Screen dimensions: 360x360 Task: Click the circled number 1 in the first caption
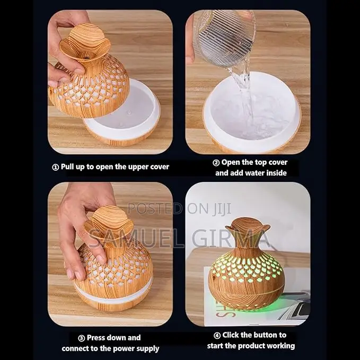tap(55, 167)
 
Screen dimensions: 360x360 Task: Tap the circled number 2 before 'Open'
tap(216, 163)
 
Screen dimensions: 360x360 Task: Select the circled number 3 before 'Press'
tap(82, 338)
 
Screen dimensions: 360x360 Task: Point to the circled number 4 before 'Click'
tap(217, 336)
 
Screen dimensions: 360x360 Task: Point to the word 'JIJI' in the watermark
tap(221, 208)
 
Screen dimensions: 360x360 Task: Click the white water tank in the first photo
tap(124, 110)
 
